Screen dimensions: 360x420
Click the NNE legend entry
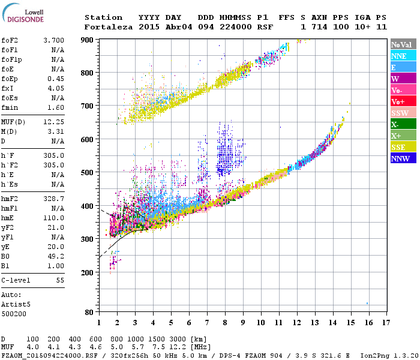click(x=403, y=56)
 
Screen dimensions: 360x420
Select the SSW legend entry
click(x=403, y=113)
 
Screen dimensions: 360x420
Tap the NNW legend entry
click(x=403, y=158)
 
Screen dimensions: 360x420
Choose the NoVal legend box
click(x=403, y=44)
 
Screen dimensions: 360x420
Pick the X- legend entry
click(x=403, y=124)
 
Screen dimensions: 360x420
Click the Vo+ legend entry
click(x=403, y=101)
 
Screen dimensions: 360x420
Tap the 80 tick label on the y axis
click(x=89, y=312)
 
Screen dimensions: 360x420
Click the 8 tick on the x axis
click(x=225, y=322)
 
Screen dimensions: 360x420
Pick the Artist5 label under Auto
click(x=15, y=304)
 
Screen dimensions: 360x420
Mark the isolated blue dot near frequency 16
click(x=367, y=303)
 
